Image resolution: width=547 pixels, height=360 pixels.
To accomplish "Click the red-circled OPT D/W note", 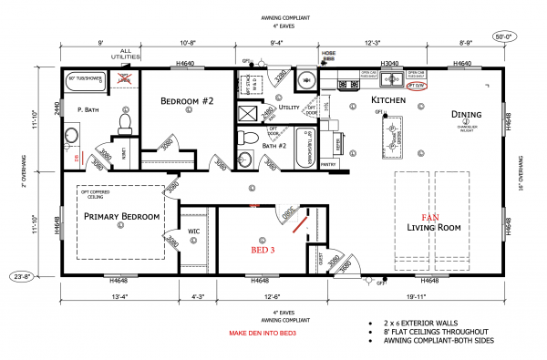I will point(417,85).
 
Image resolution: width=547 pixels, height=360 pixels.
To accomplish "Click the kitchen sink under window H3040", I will point(387,80).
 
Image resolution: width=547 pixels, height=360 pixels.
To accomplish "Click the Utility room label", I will point(290,107).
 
